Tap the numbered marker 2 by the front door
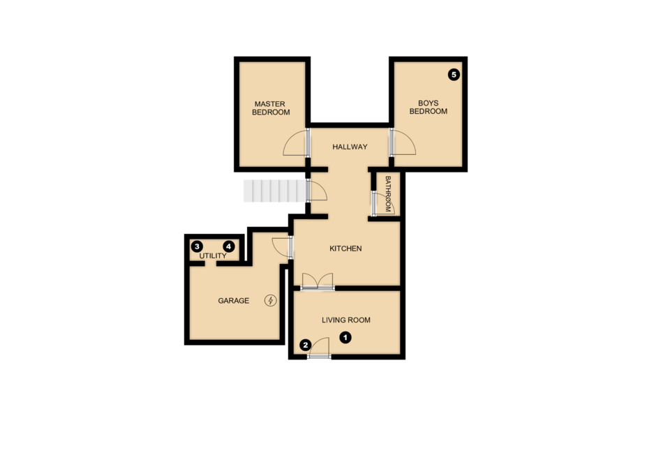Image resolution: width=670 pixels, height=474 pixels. point(305,344)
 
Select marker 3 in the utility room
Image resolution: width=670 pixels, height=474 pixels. point(198,246)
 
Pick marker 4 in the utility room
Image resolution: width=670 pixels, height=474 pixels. point(228,246)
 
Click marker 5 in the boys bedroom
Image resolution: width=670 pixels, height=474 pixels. point(454,74)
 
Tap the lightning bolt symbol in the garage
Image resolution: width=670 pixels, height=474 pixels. point(270,301)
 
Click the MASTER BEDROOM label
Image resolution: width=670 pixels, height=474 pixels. point(270,108)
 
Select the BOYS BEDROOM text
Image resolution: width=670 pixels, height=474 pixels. point(428,108)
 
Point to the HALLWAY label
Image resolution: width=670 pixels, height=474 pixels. point(349,147)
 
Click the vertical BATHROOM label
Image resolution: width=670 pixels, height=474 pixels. point(388,194)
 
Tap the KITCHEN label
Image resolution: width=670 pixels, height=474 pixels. point(345,249)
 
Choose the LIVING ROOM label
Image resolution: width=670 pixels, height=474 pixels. point(345,320)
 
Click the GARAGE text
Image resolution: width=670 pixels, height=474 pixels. point(233,301)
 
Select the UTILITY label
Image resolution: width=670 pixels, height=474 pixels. point(213,256)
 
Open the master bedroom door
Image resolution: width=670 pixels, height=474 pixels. point(296,143)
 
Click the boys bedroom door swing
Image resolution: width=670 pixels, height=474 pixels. point(403,142)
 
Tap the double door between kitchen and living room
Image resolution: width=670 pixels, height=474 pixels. point(318,281)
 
